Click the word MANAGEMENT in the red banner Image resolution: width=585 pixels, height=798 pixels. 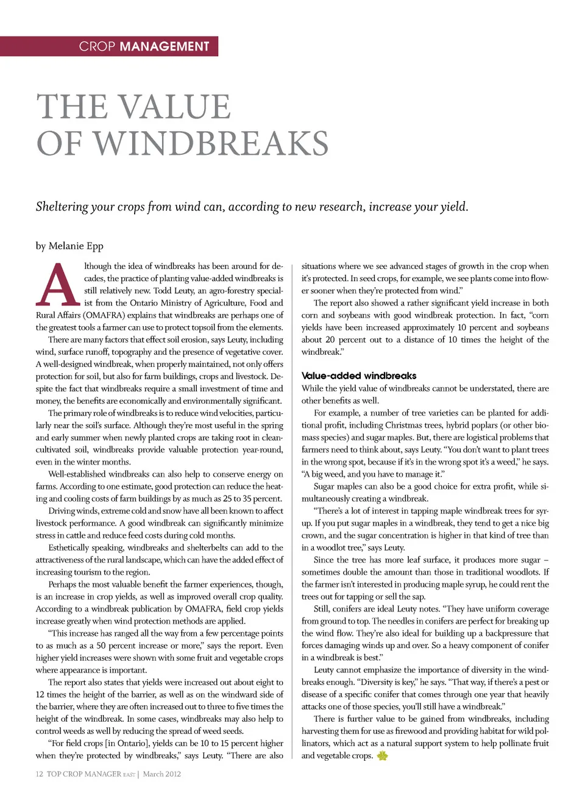pos(165,46)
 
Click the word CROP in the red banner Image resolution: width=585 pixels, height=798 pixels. pos(97,46)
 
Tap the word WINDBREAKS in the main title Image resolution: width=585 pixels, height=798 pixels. pos(211,143)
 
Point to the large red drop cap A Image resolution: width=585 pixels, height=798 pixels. pos(58,285)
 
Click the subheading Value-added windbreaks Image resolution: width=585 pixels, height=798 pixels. pos(359,376)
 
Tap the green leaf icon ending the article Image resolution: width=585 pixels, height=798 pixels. pos(382,756)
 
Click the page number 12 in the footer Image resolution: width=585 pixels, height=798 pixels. pos(39,774)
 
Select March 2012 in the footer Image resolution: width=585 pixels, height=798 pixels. pos(161,774)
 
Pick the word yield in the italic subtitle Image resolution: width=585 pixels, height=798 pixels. pos(452,207)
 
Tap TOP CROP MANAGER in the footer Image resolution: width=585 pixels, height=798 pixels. pos(83,774)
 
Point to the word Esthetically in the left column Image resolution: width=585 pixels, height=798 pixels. pos(69,548)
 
